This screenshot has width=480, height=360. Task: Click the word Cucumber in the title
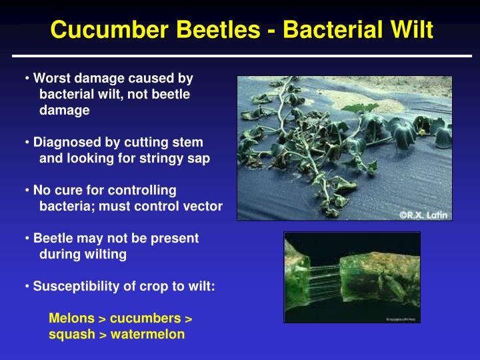pos(107,30)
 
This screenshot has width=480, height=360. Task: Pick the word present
pos(177,238)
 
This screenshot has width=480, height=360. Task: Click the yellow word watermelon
pos(147,334)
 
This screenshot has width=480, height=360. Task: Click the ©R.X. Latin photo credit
pos(423,214)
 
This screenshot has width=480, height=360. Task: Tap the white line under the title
pos(240,56)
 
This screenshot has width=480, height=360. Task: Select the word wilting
pos(104,254)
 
